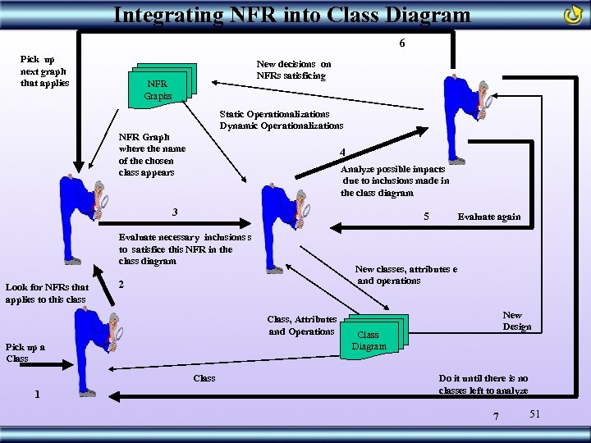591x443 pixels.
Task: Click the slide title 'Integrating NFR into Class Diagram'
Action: (x=292, y=14)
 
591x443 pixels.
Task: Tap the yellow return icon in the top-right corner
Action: (x=573, y=15)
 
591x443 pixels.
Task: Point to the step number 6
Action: (x=401, y=43)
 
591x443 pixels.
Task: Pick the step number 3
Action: (x=175, y=212)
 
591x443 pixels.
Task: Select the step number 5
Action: (x=425, y=216)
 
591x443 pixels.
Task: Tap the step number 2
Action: (x=121, y=285)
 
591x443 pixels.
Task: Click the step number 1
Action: (x=36, y=394)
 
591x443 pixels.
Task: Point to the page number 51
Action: (x=534, y=413)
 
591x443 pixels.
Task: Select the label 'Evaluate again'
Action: (x=488, y=217)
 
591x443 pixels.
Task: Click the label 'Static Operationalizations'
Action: (x=274, y=113)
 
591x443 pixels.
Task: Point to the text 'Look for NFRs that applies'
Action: (x=47, y=293)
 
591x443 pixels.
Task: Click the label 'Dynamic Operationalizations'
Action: (x=281, y=126)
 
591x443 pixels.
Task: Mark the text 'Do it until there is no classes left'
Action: (x=483, y=384)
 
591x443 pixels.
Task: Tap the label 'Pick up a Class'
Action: (x=25, y=353)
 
